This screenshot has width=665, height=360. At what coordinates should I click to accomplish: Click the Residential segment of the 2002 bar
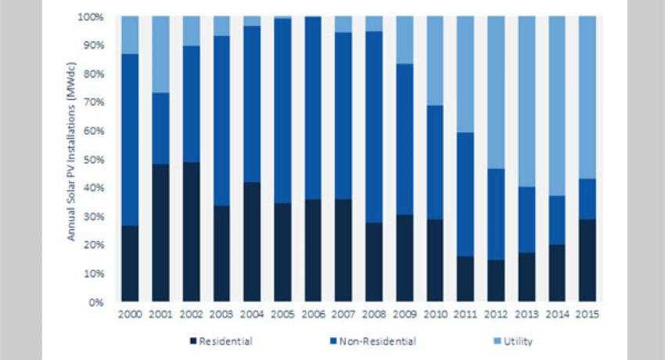(191, 232)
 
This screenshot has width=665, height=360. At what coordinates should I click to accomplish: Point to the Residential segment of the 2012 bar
(496, 280)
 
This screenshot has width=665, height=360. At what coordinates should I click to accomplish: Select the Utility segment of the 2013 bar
(527, 101)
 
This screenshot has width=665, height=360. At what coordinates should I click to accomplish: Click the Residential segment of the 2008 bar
(374, 262)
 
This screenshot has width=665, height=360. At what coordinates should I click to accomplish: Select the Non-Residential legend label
(383, 341)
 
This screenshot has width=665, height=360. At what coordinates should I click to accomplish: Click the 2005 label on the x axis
(282, 314)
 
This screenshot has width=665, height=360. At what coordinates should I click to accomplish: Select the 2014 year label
(557, 314)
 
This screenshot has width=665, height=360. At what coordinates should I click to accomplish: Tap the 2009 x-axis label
(404, 314)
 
